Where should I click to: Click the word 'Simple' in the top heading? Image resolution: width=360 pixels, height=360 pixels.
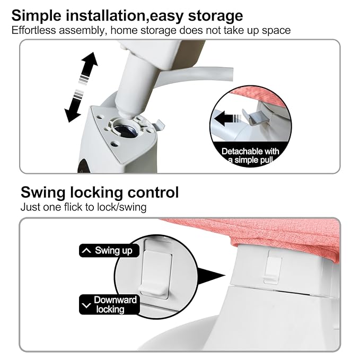[37, 15]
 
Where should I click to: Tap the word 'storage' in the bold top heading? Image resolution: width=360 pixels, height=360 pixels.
[215, 15]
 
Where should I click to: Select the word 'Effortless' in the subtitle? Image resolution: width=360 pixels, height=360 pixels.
[33, 30]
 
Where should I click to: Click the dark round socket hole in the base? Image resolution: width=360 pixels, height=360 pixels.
[126, 131]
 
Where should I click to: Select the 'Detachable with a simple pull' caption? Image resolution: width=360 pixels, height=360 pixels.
[250, 156]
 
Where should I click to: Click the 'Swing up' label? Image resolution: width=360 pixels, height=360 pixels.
[109, 250]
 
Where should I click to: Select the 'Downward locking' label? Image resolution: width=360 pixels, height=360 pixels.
[109, 304]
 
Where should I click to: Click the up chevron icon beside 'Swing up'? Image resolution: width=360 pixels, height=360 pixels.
[86, 250]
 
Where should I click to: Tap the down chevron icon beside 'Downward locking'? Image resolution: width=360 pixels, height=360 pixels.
[86, 305]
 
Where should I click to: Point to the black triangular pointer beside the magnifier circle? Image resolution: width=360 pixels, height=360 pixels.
[211, 276]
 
